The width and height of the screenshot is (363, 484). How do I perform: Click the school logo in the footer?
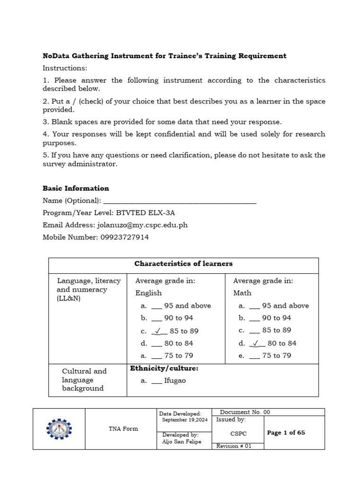pos(59,429)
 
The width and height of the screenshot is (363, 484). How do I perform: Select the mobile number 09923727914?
pos(124,237)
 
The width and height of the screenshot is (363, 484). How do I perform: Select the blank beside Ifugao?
pos(156,380)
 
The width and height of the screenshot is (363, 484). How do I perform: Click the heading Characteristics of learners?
pos(183,264)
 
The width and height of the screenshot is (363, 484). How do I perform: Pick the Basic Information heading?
pos(76,188)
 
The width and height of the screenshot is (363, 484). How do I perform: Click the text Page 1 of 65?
pos(286,432)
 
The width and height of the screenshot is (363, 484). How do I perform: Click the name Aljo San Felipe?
pos(181,441)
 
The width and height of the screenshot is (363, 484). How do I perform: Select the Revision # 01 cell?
pos(234,446)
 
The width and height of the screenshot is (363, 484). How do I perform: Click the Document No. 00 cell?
pos(245,412)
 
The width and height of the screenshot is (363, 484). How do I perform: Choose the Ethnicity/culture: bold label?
pos(164,368)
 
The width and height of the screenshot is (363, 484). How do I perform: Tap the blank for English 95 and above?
pos(156,306)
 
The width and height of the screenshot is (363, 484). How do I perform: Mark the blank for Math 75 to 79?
pos(254,356)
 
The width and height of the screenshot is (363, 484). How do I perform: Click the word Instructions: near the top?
pos(65,68)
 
